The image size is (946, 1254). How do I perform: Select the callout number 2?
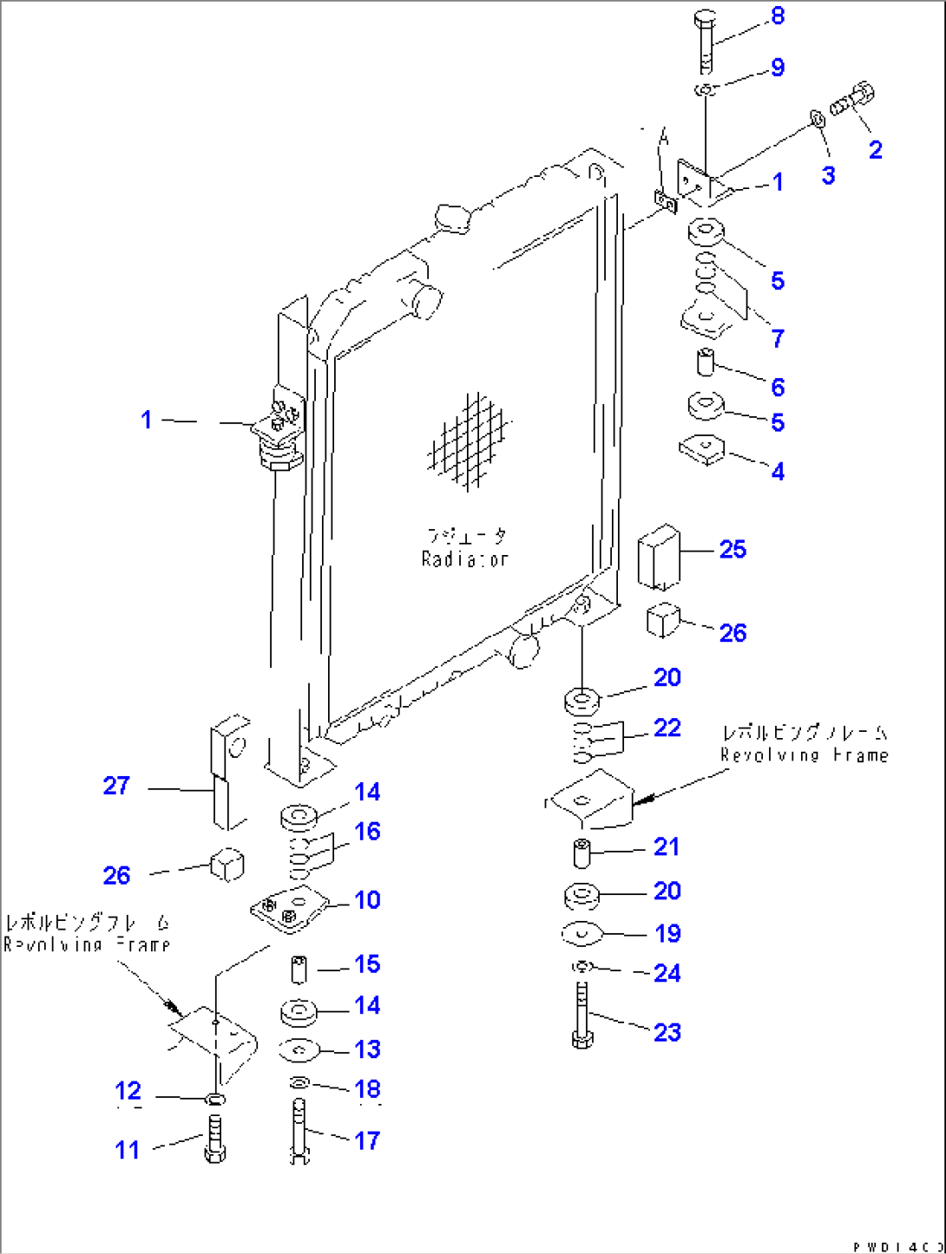pos(875,150)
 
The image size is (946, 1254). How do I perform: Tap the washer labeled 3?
pos(817,118)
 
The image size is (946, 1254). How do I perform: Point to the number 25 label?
pos(732,549)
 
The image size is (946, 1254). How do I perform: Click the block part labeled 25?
pos(658,556)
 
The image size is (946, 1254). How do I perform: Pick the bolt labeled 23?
pos(582,1015)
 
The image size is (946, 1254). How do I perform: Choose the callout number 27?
pos(115,786)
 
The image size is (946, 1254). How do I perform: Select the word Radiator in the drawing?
pos(464,559)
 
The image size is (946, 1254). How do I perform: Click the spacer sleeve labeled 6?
pos(706,361)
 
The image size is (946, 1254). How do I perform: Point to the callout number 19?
pos(667,933)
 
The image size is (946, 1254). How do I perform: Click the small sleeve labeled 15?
pos(299,969)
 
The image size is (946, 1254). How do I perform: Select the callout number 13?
pos(367,1049)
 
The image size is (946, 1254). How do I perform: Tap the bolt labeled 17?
pos(298,1128)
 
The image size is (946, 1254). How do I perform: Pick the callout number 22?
pos(667,728)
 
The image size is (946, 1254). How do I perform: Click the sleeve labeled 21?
pos(582,852)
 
